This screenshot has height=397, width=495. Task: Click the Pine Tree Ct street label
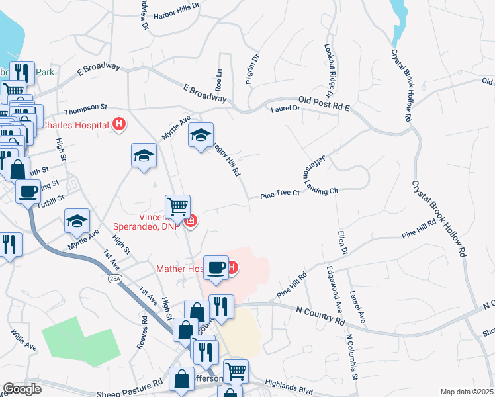tap(280, 194)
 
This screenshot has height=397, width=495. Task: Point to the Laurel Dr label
tap(285, 110)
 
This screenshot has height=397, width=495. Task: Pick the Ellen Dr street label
tap(342, 242)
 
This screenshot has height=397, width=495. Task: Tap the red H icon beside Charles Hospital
tap(119, 124)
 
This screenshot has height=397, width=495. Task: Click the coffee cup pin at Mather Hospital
tap(216, 268)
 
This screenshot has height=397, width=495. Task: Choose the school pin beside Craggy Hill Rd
tap(201, 136)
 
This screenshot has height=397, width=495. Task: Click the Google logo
tap(22, 389)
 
